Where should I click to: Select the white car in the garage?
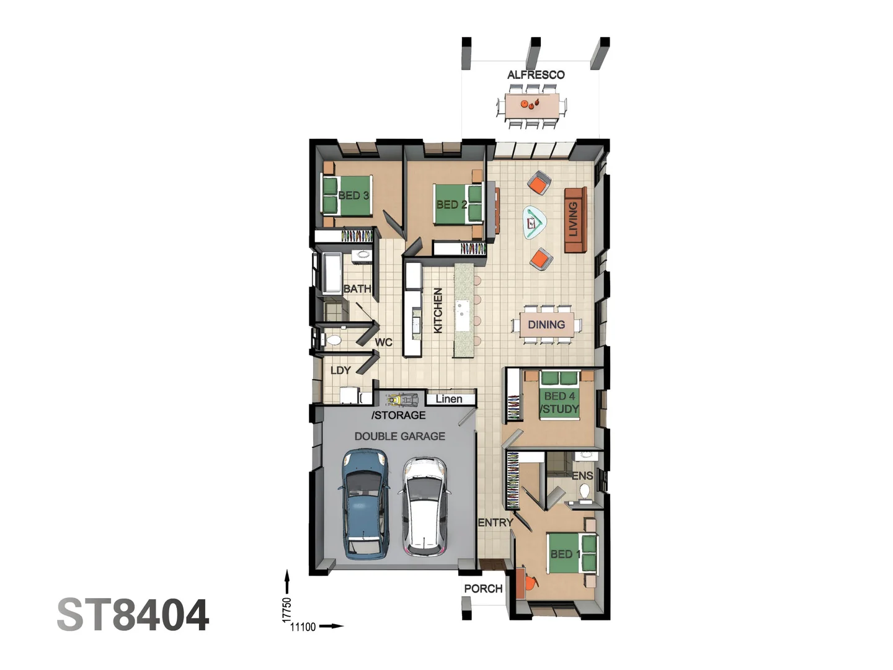(x=424, y=506)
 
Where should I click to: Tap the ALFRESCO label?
(x=536, y=75)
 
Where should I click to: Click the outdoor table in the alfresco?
(x=532, y=106)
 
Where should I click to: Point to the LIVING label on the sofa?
(x=574, y=219)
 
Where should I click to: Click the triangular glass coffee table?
(x=533, y=221)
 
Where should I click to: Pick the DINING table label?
(x=546, y=324)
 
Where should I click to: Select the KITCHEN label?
(x=438, y=310)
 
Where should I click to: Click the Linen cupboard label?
(x=449, y=399)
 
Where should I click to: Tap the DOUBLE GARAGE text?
(x=400, y=436)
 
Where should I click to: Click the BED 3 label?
(x=353, y=195)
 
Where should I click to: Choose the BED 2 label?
(x=451, y=204)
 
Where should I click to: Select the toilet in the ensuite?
(x=584, y=491)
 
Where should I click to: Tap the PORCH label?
(x=483, y=589)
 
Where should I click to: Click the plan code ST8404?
(x=133, y=615)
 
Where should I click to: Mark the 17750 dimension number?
(x=287, y=610)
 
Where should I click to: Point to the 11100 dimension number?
(x=303, y=627)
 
